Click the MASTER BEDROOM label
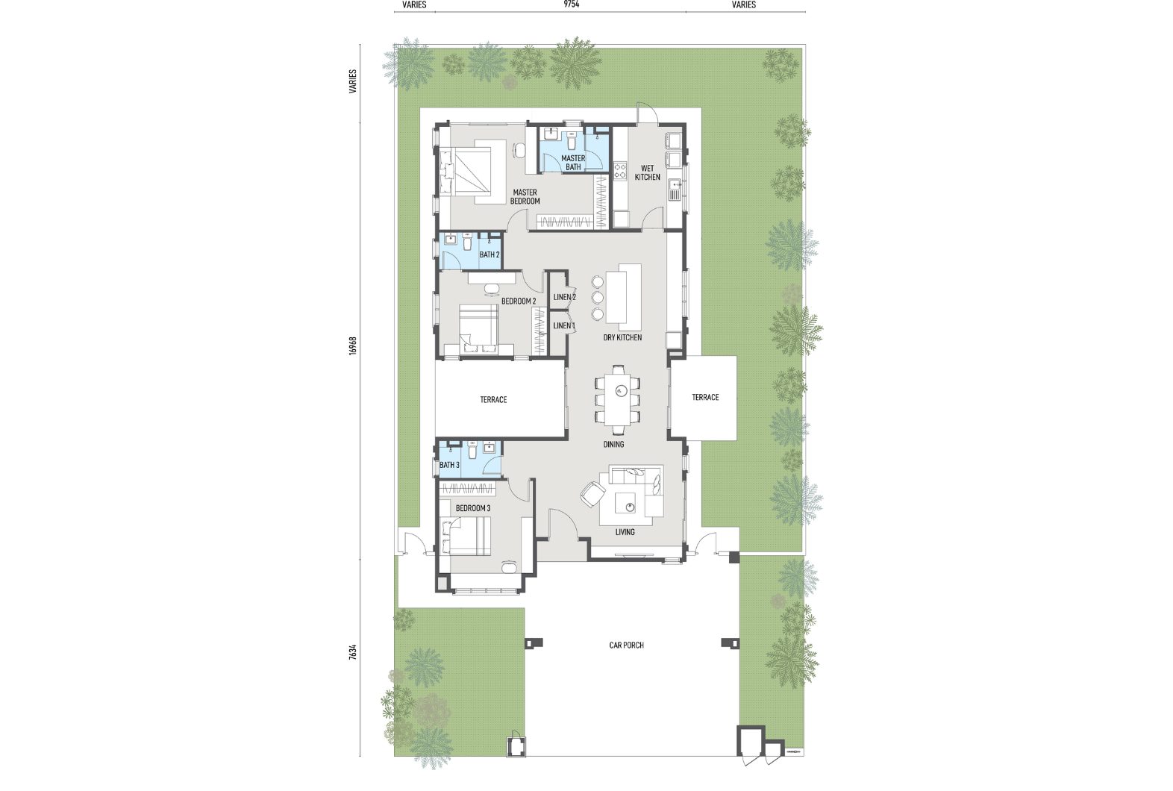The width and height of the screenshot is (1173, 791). (525, 197)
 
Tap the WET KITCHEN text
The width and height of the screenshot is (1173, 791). (647, 173)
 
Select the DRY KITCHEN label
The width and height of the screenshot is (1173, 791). (622, 337)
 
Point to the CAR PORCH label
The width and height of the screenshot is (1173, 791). (626, 645)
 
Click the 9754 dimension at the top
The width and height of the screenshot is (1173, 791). (572, 4)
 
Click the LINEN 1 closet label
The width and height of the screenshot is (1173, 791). (565, 326)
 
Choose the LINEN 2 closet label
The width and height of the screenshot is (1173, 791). (565, 298)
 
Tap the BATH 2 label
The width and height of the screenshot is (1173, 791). (489, 255)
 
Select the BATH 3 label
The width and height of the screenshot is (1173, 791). (449, 465)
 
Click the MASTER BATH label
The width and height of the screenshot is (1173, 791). (573, 163)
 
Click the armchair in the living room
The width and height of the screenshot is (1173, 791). (592, 494)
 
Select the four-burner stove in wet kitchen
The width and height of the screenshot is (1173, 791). (620, 170)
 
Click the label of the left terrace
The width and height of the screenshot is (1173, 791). (493, 400)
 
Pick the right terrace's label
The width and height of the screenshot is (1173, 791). (705, 398)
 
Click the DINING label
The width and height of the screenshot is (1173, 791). (613, 445)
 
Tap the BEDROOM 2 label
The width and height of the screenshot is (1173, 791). (519, 301)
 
